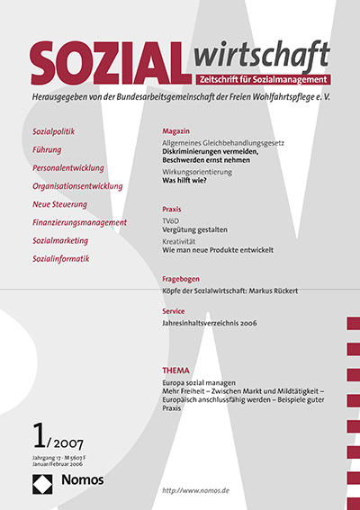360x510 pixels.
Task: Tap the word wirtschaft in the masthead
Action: pos(259,57)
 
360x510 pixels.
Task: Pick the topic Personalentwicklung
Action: pos(68,168)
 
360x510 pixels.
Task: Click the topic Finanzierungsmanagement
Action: pos(79,222)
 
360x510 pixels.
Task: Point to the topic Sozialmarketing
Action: pos(64,241)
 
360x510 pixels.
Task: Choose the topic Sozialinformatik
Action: pos(61,259)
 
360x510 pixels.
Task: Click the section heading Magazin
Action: pos(175,131)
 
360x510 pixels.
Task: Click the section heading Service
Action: pos(173,310)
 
